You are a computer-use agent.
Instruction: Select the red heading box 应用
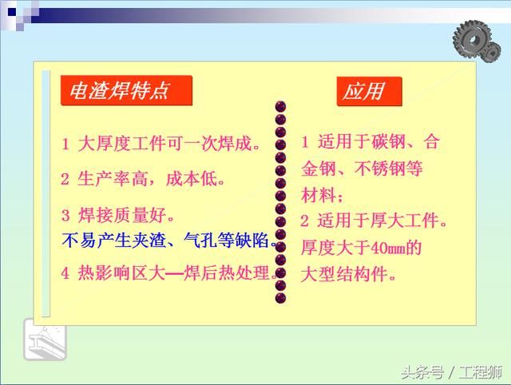368,91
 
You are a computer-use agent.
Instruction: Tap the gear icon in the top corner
477,36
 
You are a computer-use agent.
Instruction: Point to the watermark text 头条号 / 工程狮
451,371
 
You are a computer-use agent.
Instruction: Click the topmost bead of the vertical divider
280,106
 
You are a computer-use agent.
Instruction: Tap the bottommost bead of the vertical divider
280,297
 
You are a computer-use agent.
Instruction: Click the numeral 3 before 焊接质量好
65,215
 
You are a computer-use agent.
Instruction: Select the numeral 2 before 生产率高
65,178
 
